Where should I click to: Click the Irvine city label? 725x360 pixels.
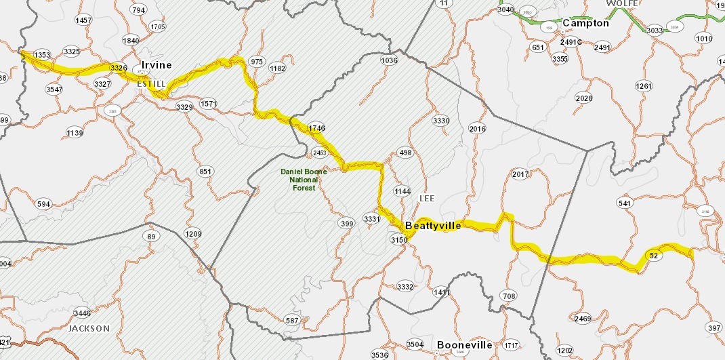tap(156, 65)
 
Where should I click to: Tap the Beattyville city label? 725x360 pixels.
tap(433, 226)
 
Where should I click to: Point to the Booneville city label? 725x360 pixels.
tap(464, 344)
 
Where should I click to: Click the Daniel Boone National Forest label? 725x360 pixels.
tap(304, 180)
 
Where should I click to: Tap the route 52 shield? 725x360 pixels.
tap(654, 256)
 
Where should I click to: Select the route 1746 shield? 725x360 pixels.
tap(317, 128)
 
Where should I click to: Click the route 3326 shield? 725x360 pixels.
tap(119, 68)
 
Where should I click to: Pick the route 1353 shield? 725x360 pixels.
tap(42, 55)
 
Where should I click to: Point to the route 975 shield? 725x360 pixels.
tap(257, 62)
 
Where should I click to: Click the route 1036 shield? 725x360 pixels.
tap(389, 61)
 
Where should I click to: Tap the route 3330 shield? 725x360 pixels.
tap(440, 121)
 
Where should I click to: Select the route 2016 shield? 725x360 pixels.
tap(478, 129)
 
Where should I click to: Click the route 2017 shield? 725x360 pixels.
tap(520, 175)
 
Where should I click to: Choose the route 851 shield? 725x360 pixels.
tap(206, 172)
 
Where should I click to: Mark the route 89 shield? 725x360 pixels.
tap(151, 236)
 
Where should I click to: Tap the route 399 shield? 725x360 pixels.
tap(346, 224)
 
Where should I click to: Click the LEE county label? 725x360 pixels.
tap(426, 199)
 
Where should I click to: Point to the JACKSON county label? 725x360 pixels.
tap(89, 329)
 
